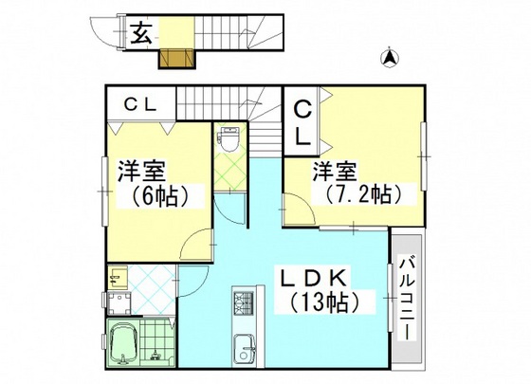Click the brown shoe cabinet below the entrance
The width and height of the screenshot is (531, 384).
[175, 59]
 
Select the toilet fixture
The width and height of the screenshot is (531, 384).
[228, 139]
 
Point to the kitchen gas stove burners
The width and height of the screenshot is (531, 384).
[241, 306]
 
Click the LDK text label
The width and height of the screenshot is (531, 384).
[315, 277]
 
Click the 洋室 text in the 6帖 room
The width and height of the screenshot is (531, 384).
[143, 173]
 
